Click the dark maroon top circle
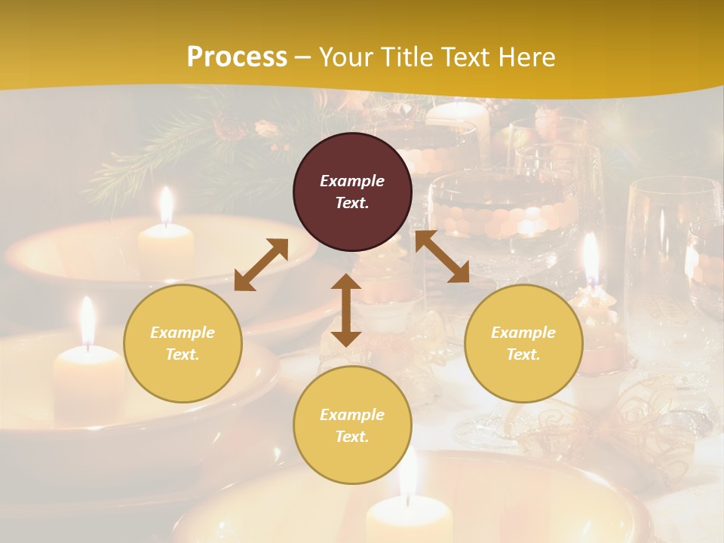point(352,192)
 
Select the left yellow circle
point(183,343)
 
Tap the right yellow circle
point(523,343)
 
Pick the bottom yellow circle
point(352,425)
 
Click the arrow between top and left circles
point(261,264)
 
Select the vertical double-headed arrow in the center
point(346,310)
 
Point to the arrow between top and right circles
point(442,256)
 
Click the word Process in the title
point(237,57)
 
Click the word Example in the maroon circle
point(352,181)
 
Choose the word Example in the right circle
point(523,333)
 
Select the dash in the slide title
point(302,57)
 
